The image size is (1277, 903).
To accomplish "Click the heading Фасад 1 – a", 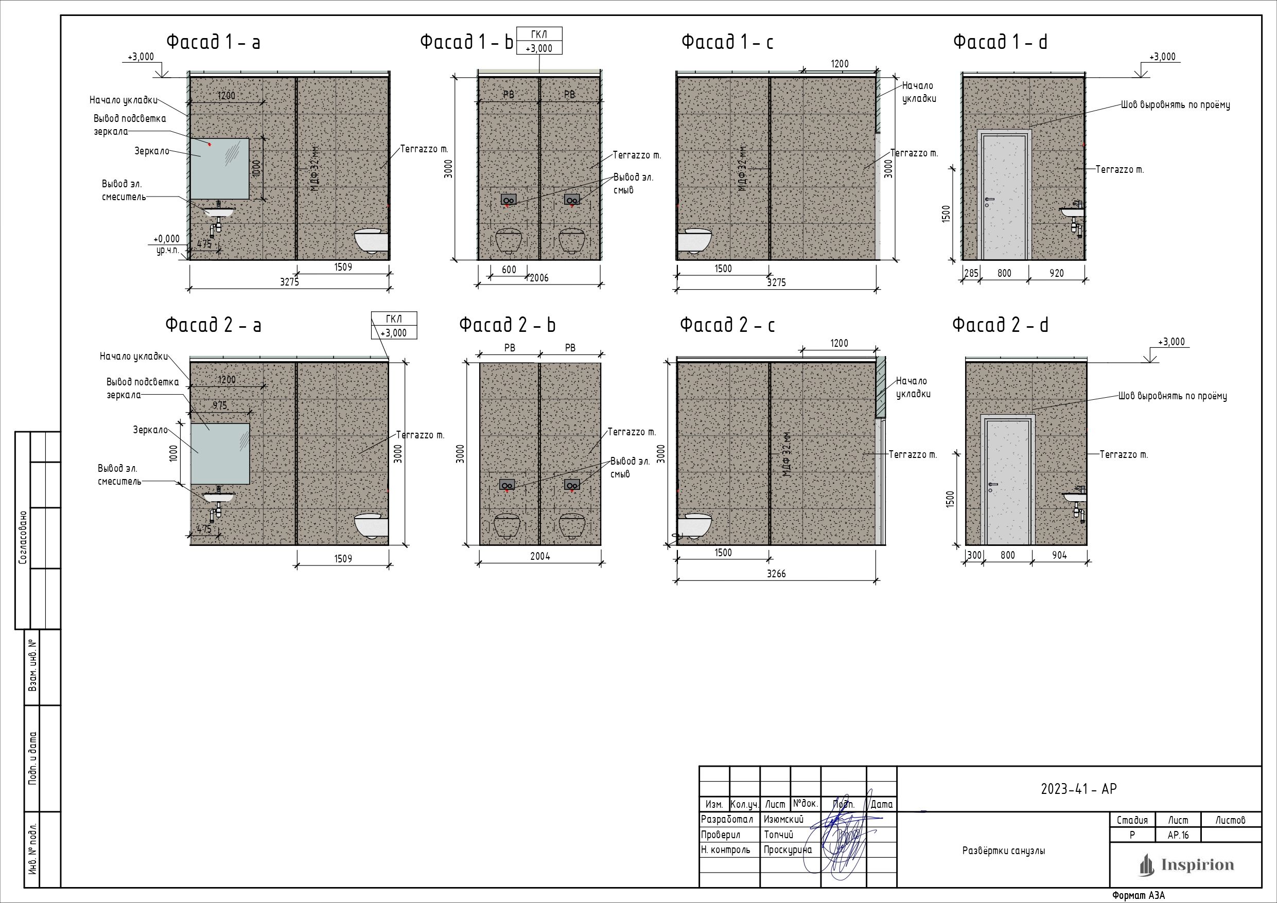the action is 213,42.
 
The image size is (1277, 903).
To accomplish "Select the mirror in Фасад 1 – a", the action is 220,168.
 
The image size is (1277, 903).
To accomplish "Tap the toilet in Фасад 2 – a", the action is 371,525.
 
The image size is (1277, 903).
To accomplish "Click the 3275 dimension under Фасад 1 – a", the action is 289,282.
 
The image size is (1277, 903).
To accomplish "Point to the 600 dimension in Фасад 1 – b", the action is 509,270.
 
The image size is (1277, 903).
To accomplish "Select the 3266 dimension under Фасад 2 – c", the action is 776,573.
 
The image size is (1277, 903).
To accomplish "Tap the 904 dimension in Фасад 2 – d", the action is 1059,555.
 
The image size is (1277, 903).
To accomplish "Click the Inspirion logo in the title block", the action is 1186,864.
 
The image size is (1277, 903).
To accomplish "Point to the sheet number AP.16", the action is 1178,835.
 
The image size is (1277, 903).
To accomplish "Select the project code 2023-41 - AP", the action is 1079,788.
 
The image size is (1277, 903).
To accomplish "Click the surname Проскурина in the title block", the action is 788,849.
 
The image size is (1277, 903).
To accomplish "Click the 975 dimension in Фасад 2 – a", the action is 220,406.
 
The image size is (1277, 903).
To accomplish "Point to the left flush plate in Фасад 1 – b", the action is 509,199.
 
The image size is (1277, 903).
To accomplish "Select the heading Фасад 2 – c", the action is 727,325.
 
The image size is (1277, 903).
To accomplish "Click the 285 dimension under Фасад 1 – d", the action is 971,273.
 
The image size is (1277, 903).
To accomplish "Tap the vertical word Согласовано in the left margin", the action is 23,538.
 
